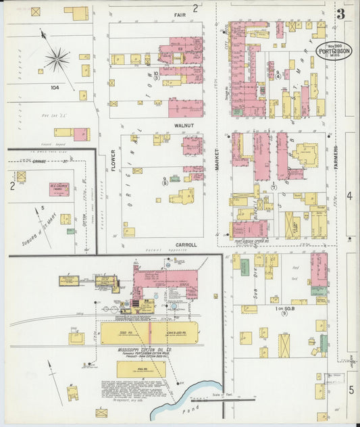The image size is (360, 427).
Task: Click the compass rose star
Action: click(57, 59)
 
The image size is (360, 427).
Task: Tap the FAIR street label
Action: click(180, 14)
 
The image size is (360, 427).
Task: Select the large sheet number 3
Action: click(341, 14)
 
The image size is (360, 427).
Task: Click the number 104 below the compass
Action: click(55, 88)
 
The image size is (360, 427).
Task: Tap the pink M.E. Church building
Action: click(59, 189)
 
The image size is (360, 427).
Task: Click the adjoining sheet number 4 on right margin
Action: click(350, 196)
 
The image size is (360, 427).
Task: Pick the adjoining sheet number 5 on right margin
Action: click(351, 390)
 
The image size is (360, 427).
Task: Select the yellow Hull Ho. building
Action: click(140, 369)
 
